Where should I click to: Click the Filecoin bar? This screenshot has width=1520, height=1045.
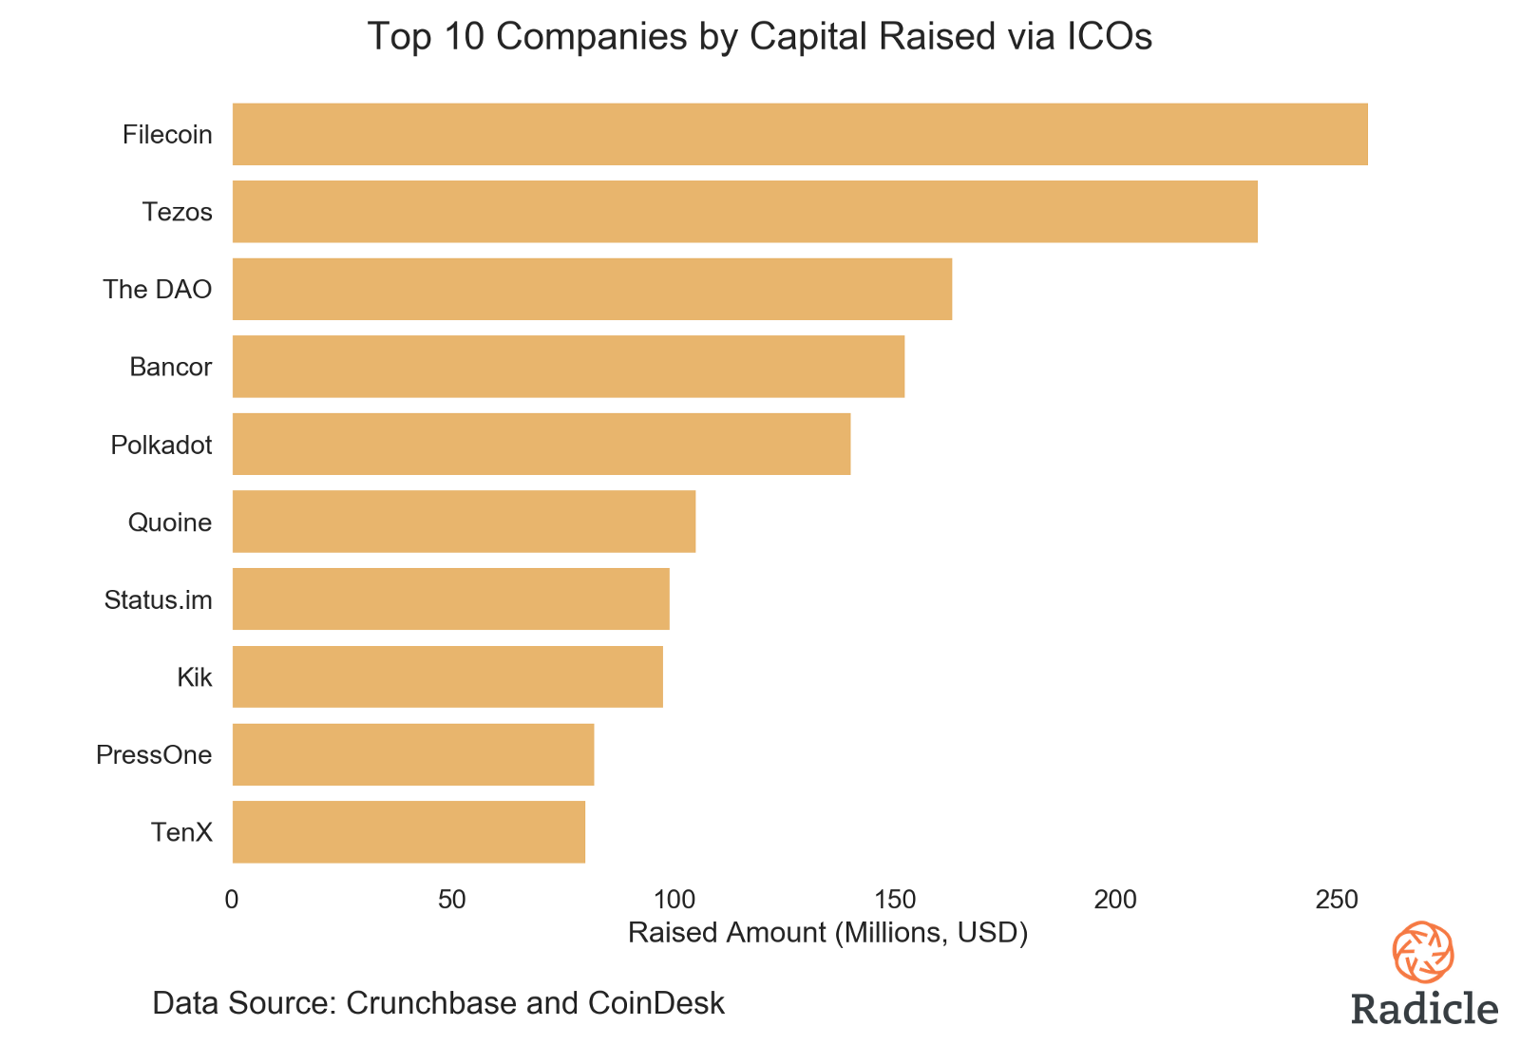800,134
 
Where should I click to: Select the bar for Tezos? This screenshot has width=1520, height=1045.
745,212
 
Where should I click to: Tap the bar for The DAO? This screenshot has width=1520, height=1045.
592,289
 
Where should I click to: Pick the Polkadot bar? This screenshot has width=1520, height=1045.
541,444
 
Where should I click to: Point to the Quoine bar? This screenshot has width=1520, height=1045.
464,522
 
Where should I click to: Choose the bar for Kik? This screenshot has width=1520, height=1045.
447,676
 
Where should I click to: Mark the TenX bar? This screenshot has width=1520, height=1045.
408,832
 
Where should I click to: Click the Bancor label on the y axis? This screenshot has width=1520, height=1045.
171,367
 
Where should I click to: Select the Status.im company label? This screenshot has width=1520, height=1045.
159,599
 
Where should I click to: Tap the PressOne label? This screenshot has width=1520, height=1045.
154,755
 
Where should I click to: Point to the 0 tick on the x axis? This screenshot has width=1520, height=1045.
232,899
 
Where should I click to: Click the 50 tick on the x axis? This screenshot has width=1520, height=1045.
452,899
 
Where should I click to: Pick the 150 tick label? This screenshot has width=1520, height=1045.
894,899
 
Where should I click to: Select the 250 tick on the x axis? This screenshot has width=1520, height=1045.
1336,899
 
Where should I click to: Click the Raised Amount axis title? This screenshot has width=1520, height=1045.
828,933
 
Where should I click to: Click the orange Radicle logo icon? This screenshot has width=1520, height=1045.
1423,952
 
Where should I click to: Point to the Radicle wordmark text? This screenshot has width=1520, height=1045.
1424,1008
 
